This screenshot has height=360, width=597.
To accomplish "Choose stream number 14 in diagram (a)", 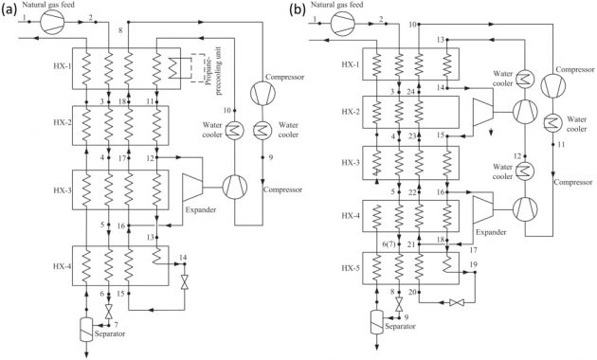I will (184, 258).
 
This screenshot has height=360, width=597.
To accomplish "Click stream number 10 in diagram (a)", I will (202, 111).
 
